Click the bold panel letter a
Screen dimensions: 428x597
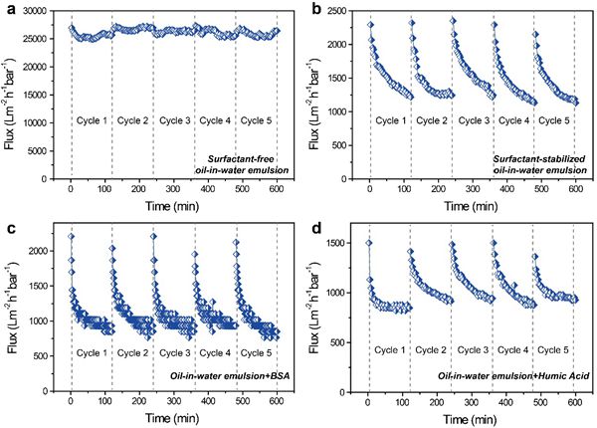[x=8, y=9]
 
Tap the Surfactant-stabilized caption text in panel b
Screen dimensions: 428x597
[x=543, y=159]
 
